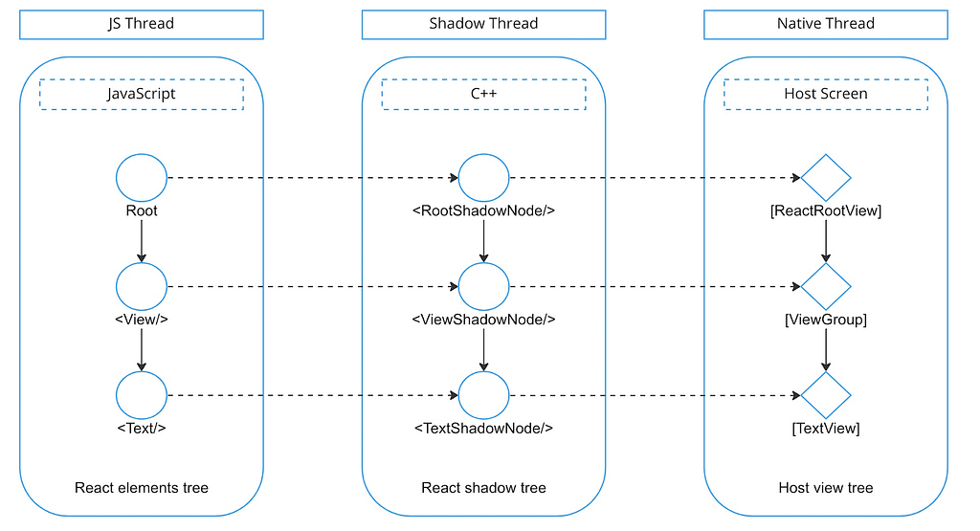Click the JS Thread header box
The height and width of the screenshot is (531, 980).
tap(142, 24)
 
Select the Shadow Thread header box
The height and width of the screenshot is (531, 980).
tap(483, 24)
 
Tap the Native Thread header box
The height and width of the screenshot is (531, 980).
tap(826, 24)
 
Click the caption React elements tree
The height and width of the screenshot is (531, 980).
tap(142, 488)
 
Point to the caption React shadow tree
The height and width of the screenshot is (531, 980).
tap(483, 488)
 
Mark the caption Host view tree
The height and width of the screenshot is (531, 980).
tap(826, 488)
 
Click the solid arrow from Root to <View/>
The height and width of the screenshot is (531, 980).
tap(142, 241)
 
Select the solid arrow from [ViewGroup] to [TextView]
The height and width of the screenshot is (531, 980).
tap(826, 350)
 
